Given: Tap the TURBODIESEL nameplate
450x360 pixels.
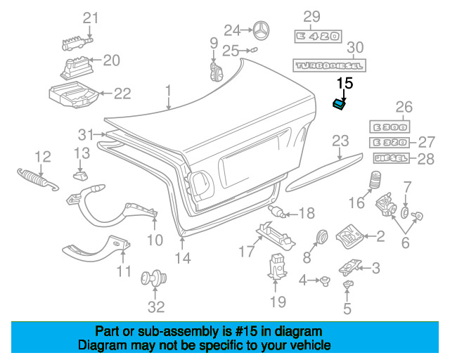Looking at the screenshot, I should point(328,65).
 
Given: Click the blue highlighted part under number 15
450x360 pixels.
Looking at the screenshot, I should point(339,104).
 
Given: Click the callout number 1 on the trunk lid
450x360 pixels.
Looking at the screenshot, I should point(168,90).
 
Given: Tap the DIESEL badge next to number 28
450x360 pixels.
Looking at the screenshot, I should point(391,159).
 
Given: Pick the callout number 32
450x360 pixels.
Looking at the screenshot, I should point(155,307).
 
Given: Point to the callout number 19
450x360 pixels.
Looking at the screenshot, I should point(278,302).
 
